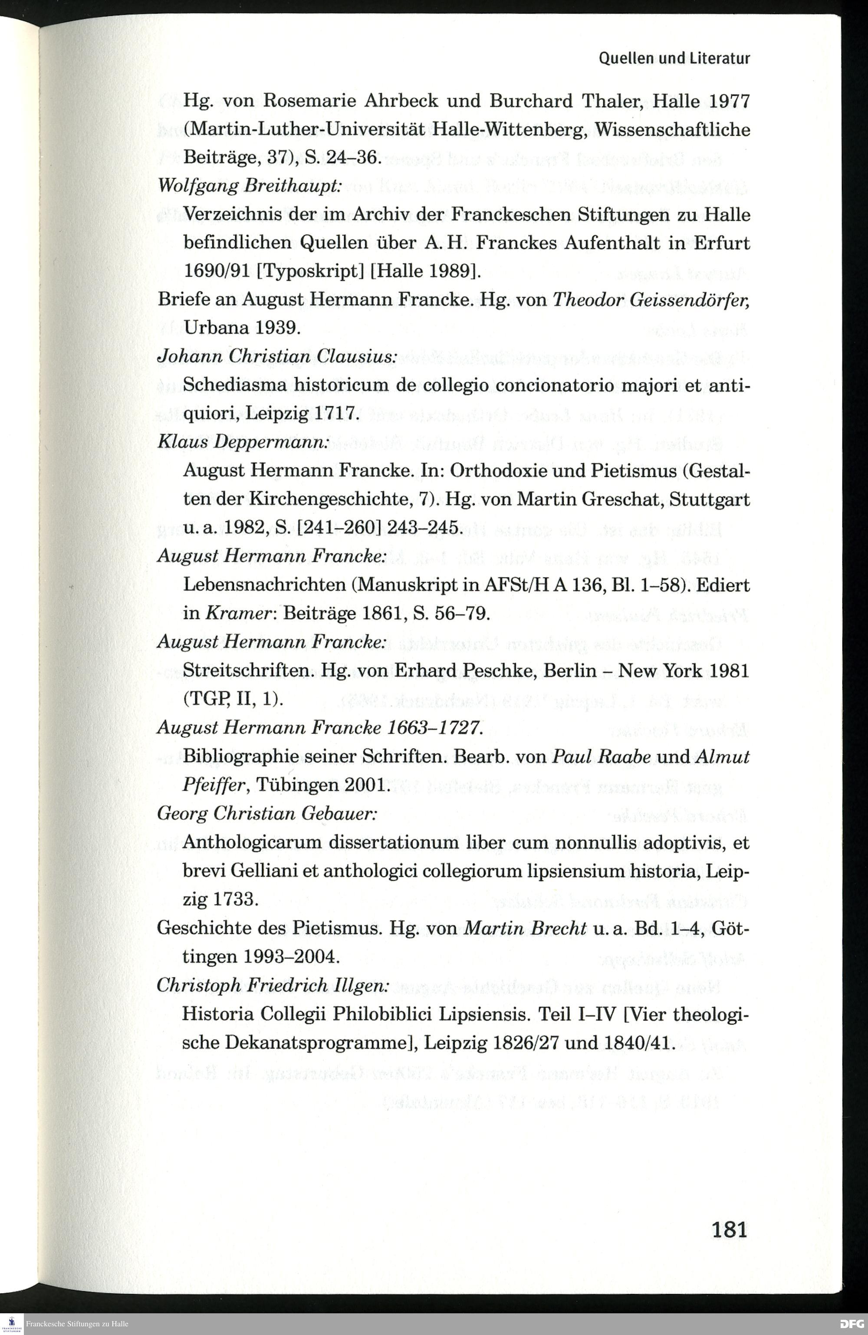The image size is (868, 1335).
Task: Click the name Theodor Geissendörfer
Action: [x=651, y=300]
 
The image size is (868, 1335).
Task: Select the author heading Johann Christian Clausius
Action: [x=278, y=357]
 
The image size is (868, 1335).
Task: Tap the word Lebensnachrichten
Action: [x=264, y=585]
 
